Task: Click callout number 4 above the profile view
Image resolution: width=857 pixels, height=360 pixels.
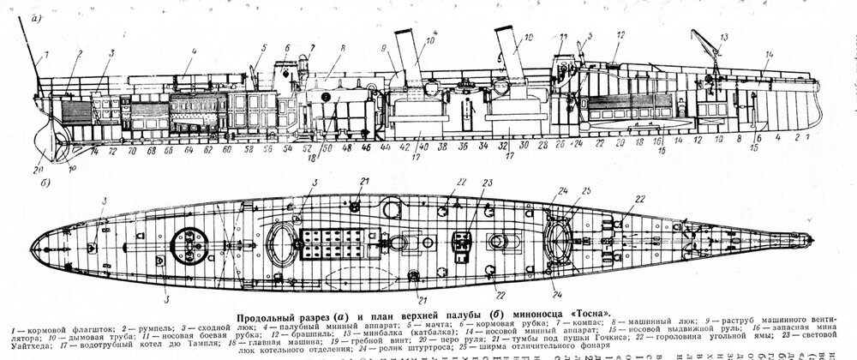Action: click(x=195, y=51)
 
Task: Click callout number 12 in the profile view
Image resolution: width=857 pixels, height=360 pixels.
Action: click(x=619, y=36)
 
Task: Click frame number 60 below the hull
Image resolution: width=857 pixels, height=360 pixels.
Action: click(x=225, y=149)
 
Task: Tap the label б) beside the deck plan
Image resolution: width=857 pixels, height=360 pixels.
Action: click(x=44, y=183)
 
